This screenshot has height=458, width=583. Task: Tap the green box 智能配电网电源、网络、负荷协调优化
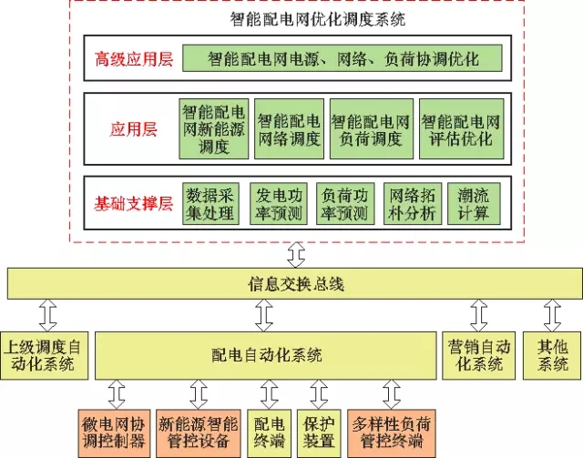click(343, 59)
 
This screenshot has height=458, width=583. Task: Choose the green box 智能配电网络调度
click(289, 128)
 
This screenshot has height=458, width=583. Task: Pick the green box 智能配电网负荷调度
click(370, 128)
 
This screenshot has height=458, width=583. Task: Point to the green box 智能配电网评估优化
click(462, 128)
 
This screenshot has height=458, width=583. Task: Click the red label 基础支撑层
click(133, 203)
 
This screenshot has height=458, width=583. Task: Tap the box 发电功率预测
click(279, 204)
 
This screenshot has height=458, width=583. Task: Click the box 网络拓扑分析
click(413, 204)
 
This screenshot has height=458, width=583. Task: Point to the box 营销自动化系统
click(479, 355)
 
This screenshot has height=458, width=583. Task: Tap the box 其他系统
click(553, 355)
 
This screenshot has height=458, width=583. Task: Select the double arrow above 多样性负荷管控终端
click(392, 393)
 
